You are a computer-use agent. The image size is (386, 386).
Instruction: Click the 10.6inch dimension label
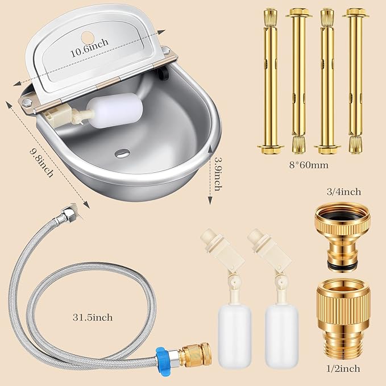(89, 48)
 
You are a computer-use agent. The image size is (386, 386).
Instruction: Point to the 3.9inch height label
(218, 174)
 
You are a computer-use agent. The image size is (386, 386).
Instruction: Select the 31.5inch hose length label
(93, 317)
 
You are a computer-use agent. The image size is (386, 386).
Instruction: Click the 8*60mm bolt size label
(309, 165)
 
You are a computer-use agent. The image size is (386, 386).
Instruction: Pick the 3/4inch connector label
(344, 192)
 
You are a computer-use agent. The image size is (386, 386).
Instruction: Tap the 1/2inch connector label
(343, 368)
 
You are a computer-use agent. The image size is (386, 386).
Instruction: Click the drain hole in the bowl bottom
(122, 153)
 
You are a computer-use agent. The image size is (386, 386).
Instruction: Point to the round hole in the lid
(88, 37)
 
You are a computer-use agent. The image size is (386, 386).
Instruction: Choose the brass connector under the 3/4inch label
(343, 238)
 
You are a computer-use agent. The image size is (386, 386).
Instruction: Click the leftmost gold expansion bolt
(270, 81)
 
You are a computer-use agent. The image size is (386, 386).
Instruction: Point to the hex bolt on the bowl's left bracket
(26, 103)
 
